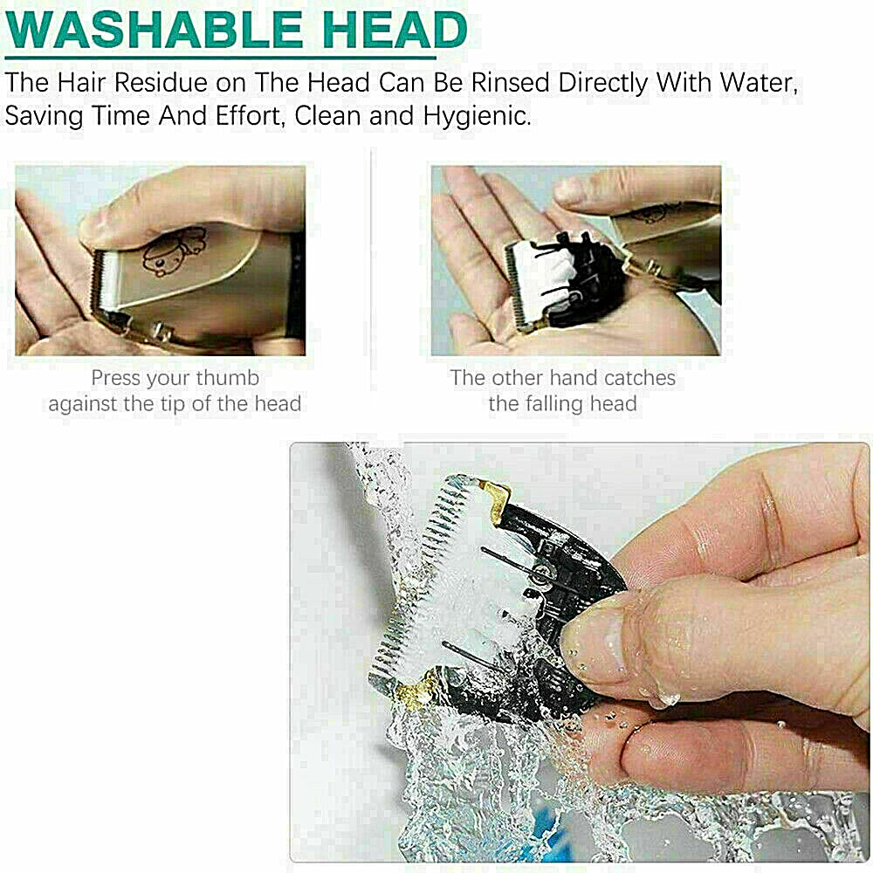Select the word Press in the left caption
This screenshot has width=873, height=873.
pos(114,379)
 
